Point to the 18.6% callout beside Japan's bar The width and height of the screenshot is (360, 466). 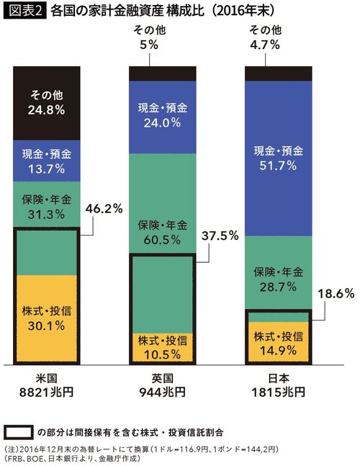click(336, 294)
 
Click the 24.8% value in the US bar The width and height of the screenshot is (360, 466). click(47, 111)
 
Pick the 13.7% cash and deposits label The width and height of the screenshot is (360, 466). click(47, 169)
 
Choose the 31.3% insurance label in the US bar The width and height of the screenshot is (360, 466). click(47, 215)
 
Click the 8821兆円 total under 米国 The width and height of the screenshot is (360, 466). click(46, 393)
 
